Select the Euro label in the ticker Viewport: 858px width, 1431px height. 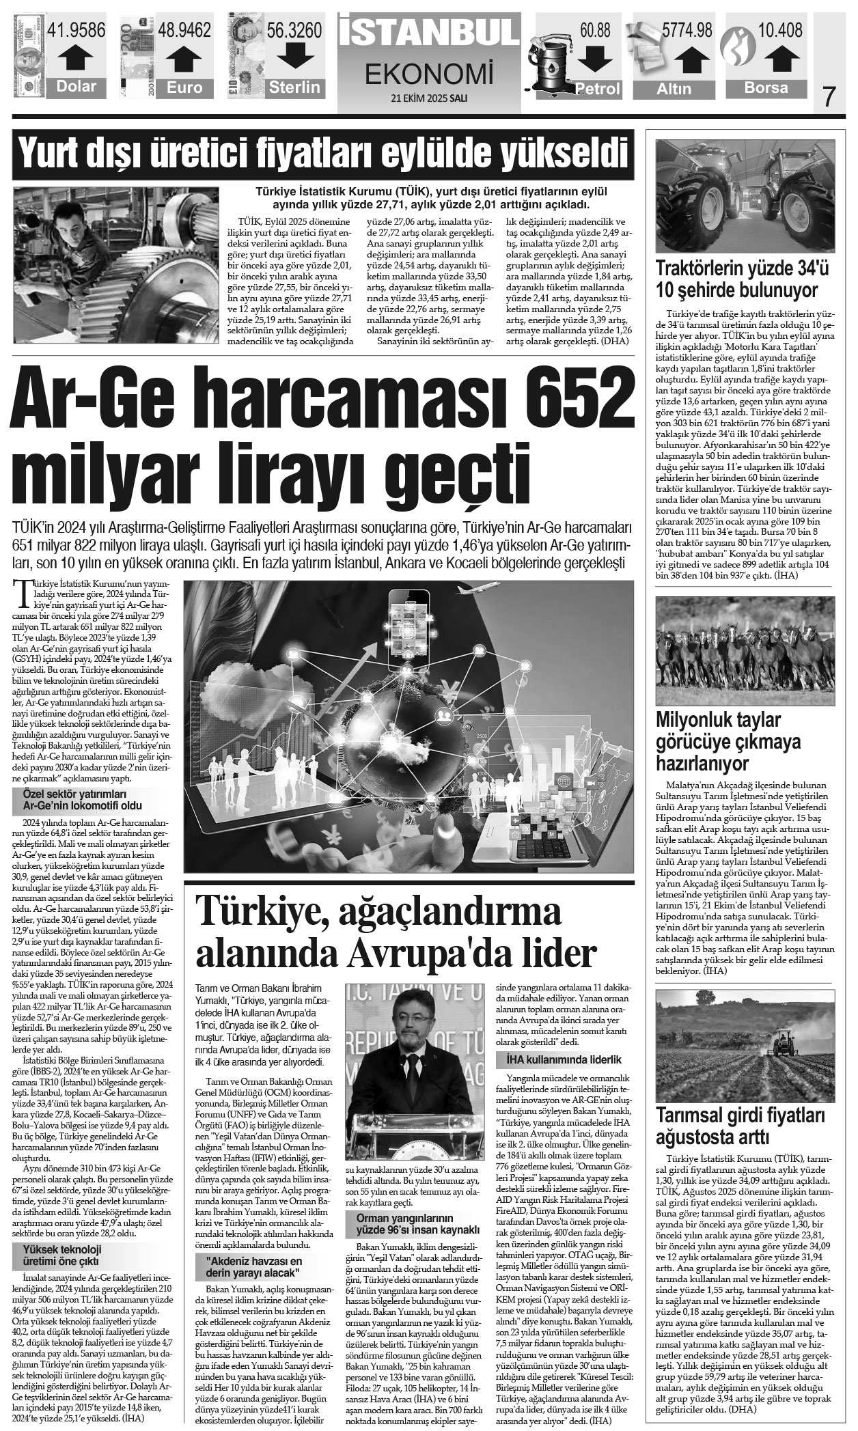(x=184, y=87)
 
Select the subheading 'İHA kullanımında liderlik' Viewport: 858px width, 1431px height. (x=564, y=1059)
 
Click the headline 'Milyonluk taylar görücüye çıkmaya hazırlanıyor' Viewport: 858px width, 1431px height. (x=728, y=742)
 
